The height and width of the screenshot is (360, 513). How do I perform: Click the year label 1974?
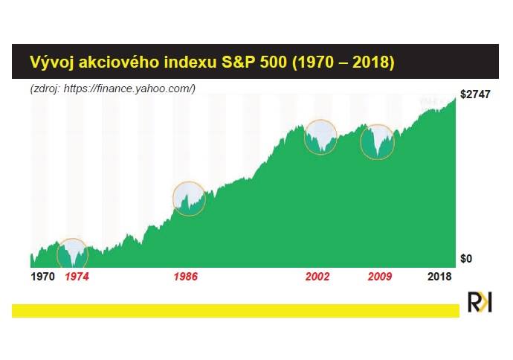[x=77, y=277]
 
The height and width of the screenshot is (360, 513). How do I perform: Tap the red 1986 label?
[x=186, y=277]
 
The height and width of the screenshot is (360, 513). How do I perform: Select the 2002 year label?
[x=317, y=277]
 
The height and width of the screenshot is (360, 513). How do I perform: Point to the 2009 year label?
[x=380, y=277]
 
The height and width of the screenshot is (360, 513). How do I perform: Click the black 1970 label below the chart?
[x=42, y=277]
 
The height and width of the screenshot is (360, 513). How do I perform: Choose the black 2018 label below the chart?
[x=439, y=277]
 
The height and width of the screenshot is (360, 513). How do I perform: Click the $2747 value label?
[x=475, y=94]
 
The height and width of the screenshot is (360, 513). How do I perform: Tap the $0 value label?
[x=466, y=259]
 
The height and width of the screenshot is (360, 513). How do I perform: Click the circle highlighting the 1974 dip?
[x=57, y=254]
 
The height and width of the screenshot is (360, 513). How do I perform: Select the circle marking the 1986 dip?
[x=173, y=199]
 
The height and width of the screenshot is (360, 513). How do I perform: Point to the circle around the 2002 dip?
[x=304, y=137]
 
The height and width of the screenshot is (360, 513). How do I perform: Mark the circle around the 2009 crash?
[x=361, y=142]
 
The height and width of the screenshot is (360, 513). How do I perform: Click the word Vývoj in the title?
[x=51, y=62]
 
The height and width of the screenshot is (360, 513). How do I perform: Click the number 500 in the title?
[x=274, y=62]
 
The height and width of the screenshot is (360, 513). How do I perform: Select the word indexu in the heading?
[x=190, y=62]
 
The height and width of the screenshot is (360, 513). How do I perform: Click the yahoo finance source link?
[x=129, y=89]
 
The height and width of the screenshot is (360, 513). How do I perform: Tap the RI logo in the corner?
[x=480, y=302]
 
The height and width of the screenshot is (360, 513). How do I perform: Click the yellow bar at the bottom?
[x=236, y=311]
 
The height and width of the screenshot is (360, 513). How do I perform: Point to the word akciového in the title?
[x=119, y=62]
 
